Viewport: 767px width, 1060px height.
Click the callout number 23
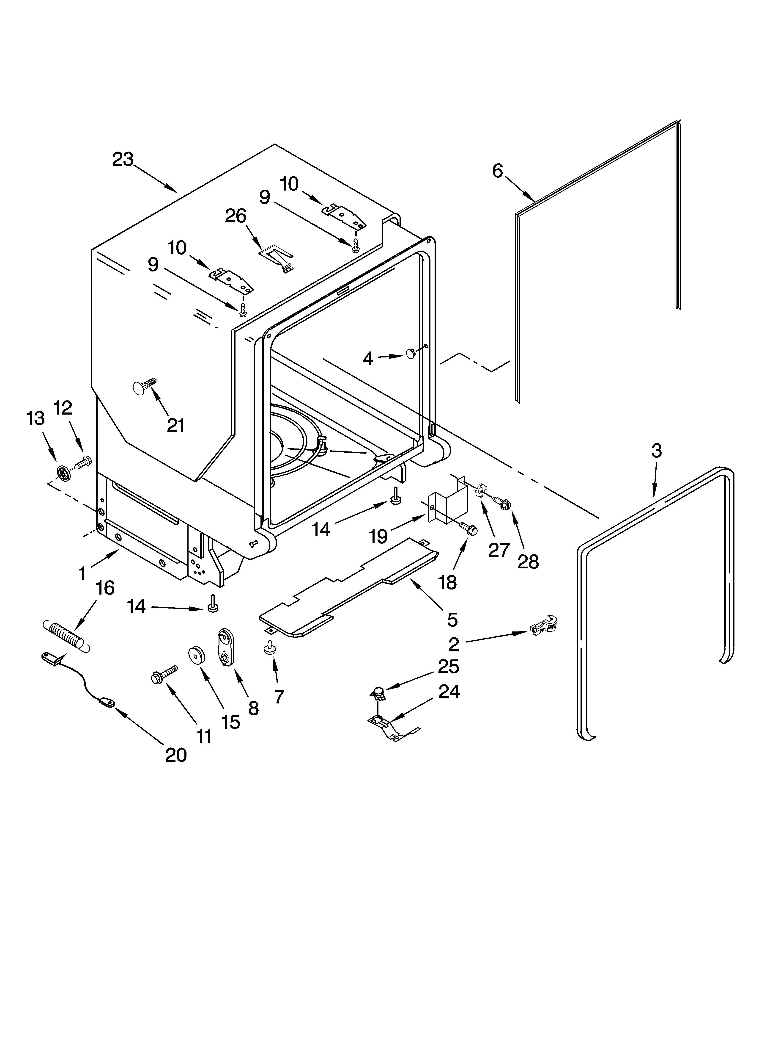(x=123, y=159)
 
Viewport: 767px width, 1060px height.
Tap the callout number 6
(x=498, y=171)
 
